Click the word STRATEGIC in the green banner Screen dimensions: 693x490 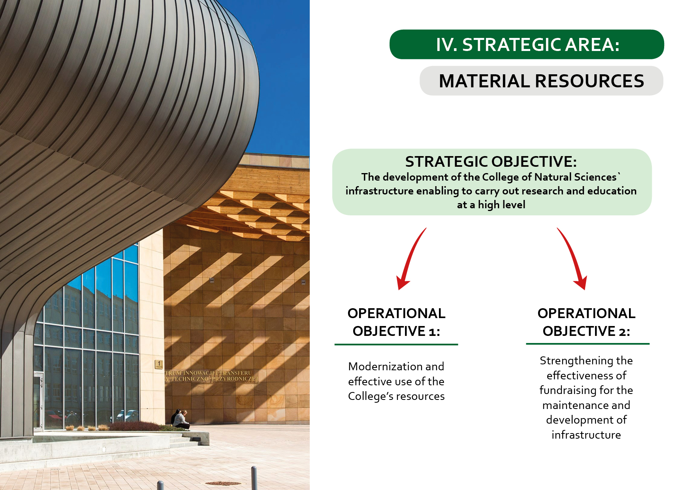coord(512,45)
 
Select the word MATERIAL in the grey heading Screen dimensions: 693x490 coord(484,81)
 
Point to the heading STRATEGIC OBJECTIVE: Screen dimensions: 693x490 coord(491,162)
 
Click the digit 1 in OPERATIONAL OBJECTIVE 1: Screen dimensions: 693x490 coord(432,332)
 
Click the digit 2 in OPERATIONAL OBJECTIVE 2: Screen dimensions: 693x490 coord(622,332)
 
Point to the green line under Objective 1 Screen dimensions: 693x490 coord(396,345)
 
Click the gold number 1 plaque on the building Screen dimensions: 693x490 coord(159,364)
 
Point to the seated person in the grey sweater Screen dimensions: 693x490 coord(181,420)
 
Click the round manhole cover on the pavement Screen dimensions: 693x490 coord(223,483)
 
